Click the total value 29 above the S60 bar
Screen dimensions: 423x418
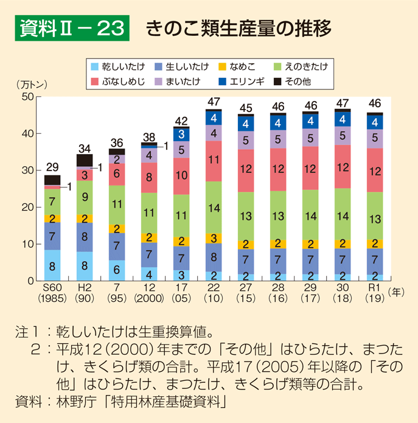(52, 167)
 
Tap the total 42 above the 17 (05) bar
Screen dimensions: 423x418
(181, 121)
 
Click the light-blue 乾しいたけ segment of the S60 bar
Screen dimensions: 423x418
(52, 265)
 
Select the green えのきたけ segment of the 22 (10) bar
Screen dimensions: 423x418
(214, 208)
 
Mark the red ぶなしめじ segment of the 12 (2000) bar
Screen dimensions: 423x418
(149, 178)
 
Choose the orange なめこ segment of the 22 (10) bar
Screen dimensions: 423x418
(214, 238)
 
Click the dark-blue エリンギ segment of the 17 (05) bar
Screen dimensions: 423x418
(181, 133)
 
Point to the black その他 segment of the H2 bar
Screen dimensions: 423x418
(85, 160)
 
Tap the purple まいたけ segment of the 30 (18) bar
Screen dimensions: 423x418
(343, 136)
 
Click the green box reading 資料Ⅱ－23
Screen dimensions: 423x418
(72, 29)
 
